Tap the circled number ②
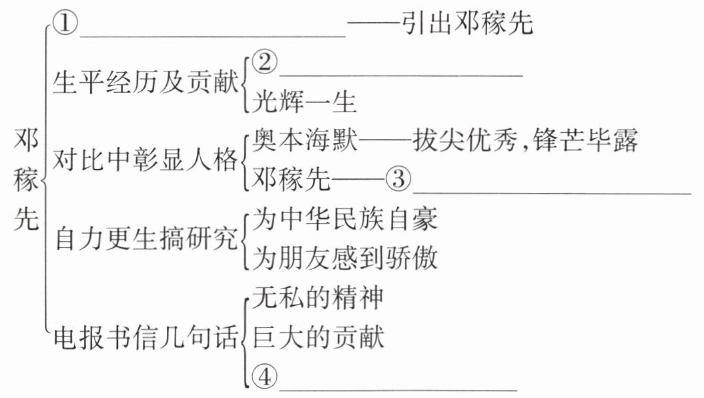tap(266, 63)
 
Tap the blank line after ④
tap(398, 387)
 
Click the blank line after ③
tap(551, 192)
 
